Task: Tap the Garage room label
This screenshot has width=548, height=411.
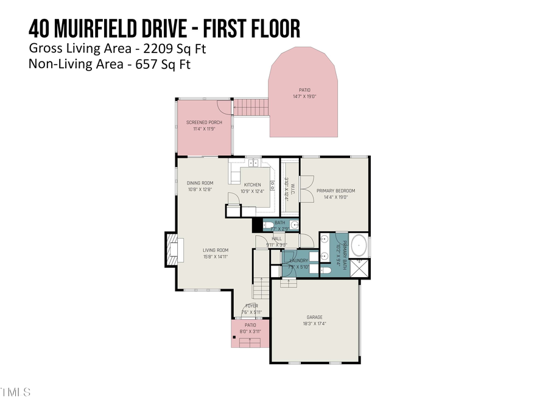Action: click(314, 317)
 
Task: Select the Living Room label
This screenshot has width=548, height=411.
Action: click(215, 250)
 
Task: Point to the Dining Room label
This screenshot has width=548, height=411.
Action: click(200, 183)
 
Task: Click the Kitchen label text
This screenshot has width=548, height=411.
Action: click(252, 184)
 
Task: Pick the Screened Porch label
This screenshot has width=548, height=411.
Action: click(204, 122)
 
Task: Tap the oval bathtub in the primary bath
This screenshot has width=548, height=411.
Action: click(359, 247)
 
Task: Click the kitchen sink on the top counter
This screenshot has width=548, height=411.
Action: click(253, 163)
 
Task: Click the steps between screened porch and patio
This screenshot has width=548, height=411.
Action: click(251, 108)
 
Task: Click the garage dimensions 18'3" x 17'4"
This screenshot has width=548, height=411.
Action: click(314, 324)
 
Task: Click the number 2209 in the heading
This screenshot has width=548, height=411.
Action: click(156, 47)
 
